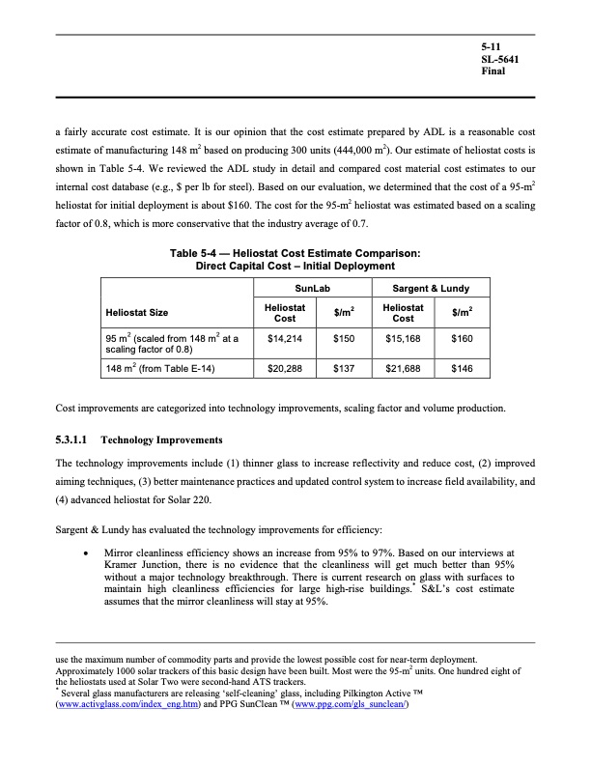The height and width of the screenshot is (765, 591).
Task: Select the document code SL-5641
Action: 500,60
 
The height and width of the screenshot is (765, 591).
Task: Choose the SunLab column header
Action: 314,288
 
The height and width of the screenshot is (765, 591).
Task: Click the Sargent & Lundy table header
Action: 431,288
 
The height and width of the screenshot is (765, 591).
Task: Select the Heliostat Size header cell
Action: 140,313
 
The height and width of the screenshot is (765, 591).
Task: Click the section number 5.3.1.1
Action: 78,439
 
